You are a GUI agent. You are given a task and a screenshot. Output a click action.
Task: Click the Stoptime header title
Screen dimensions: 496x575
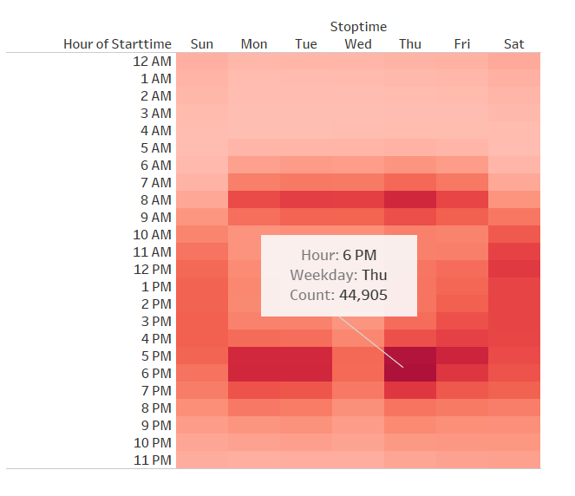pyautogui.click(x=358, y=27)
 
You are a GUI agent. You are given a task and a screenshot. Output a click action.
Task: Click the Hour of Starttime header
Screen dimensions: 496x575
pyautogui.click(x=117, y=44)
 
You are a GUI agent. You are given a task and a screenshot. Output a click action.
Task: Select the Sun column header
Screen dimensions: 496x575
pyautogui.click(x=201, y=44)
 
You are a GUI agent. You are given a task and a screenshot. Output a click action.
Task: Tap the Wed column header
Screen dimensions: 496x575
pyautogui.click(x=358, y=44)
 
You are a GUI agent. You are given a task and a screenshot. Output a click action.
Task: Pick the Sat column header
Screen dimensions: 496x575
pyautogui.click(x=513, y=44)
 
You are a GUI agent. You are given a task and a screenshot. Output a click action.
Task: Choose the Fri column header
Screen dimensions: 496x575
pyautogui.click(x=462, y=44)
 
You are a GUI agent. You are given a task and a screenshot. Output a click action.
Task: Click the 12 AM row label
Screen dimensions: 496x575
pyautogui.click(x=153, y=62)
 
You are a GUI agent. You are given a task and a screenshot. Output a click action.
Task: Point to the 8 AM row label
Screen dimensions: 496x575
pyautogui.click(x=156, y=199)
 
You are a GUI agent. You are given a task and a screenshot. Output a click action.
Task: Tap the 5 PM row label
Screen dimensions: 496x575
pyautogui.click(x=156, y=356)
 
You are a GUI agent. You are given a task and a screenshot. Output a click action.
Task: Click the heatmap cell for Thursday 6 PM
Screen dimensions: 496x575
pyautogui.click(x=410, y=373)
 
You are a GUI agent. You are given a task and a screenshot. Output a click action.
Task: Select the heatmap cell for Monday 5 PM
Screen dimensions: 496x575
pyautogui.click(x=254, y=356)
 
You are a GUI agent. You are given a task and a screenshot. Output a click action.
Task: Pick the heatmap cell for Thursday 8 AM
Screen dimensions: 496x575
pyautogui.click(x=410, y=199)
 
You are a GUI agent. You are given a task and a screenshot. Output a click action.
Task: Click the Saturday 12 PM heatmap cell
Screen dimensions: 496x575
pyautogui.click(x=514, y=269)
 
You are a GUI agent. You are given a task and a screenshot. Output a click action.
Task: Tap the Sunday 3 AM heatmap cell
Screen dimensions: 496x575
pyautogui.click(x=202, y=113)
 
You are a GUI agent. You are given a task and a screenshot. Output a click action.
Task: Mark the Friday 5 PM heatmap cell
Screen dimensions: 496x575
pyautogui.click(x=462, y=356)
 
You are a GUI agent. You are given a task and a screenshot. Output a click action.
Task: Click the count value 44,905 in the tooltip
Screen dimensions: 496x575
pyautogui.click(x=363, y=295)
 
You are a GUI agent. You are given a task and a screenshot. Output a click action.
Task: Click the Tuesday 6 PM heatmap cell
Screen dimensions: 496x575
pyautogui.click(x=306, y=373)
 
